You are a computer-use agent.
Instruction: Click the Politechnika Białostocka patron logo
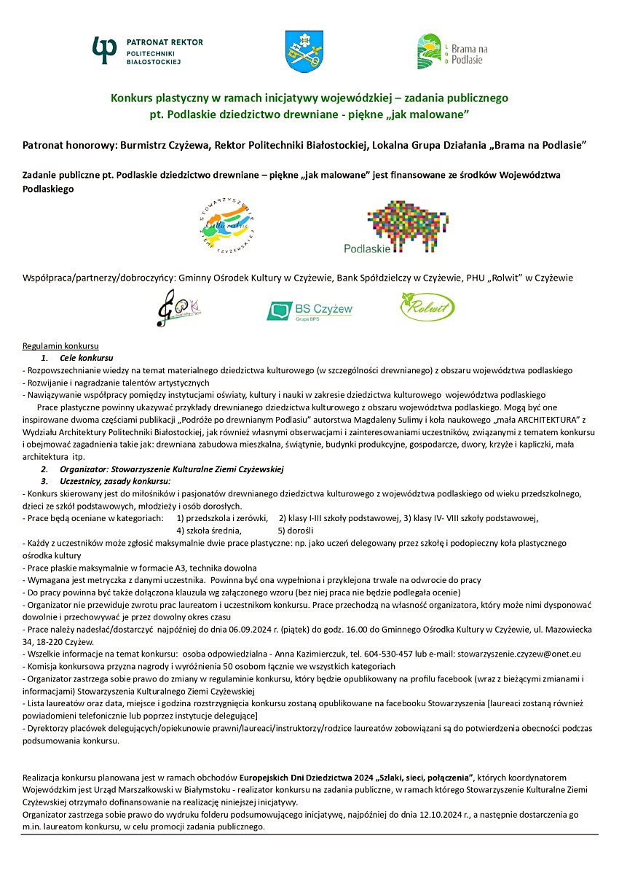[147, 50]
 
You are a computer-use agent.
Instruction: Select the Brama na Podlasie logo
[452, 52]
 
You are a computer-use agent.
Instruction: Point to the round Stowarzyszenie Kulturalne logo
[226, 227]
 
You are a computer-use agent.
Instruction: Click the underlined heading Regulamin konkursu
[60, 345]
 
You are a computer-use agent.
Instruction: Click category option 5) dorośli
[295, 531]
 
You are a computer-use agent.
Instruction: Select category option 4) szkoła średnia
[209, 531]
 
